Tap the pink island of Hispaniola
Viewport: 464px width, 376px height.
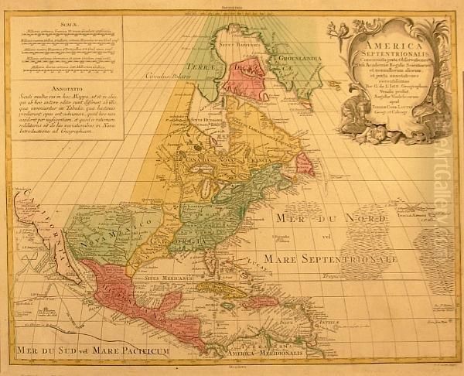point(259,301)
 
